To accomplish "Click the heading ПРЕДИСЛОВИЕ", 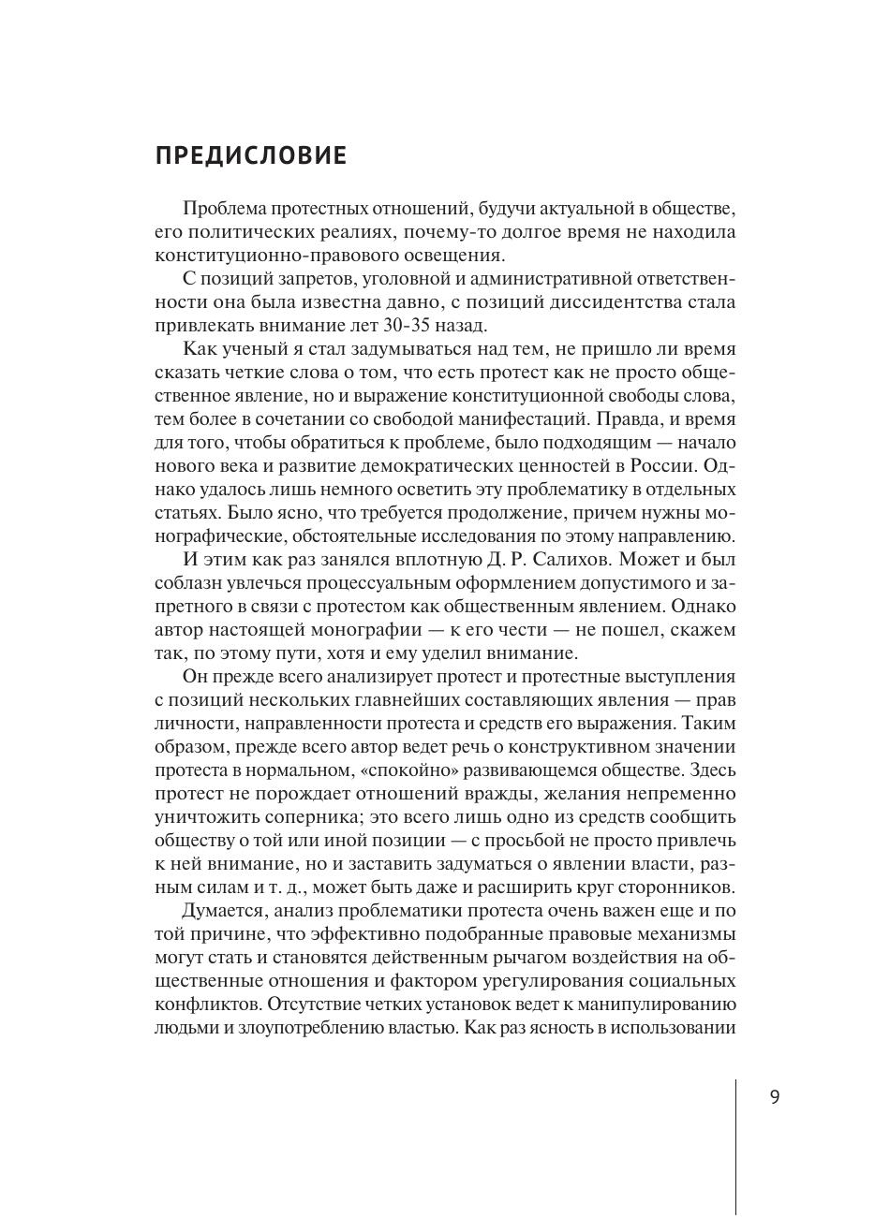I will (x=251, y=155).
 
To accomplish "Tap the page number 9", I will (x=774, y=1097).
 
